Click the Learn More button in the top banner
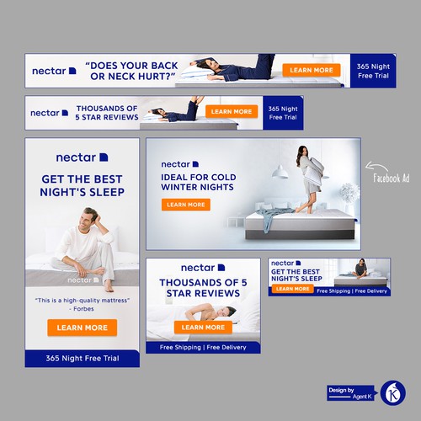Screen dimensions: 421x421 click(311, 71)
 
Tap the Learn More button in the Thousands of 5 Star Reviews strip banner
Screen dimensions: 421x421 click(232, 111)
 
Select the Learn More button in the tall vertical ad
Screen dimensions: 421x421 click(82, 328)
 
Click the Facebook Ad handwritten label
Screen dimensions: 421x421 click(392, 179)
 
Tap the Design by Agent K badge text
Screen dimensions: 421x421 click(348, 392)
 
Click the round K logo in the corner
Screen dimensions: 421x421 click(392, 392)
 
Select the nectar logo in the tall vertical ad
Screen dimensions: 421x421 click(82, 157)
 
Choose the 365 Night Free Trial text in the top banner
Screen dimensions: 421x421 click(374, 71)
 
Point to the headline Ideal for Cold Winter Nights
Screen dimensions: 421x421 click(195, 183)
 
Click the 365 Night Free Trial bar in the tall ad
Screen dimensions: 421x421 click(82, 359)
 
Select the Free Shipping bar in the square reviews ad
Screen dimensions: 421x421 click(203, 347)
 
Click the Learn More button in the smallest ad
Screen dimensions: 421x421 click(291, 289)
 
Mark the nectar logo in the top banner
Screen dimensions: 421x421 click(54, 71)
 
